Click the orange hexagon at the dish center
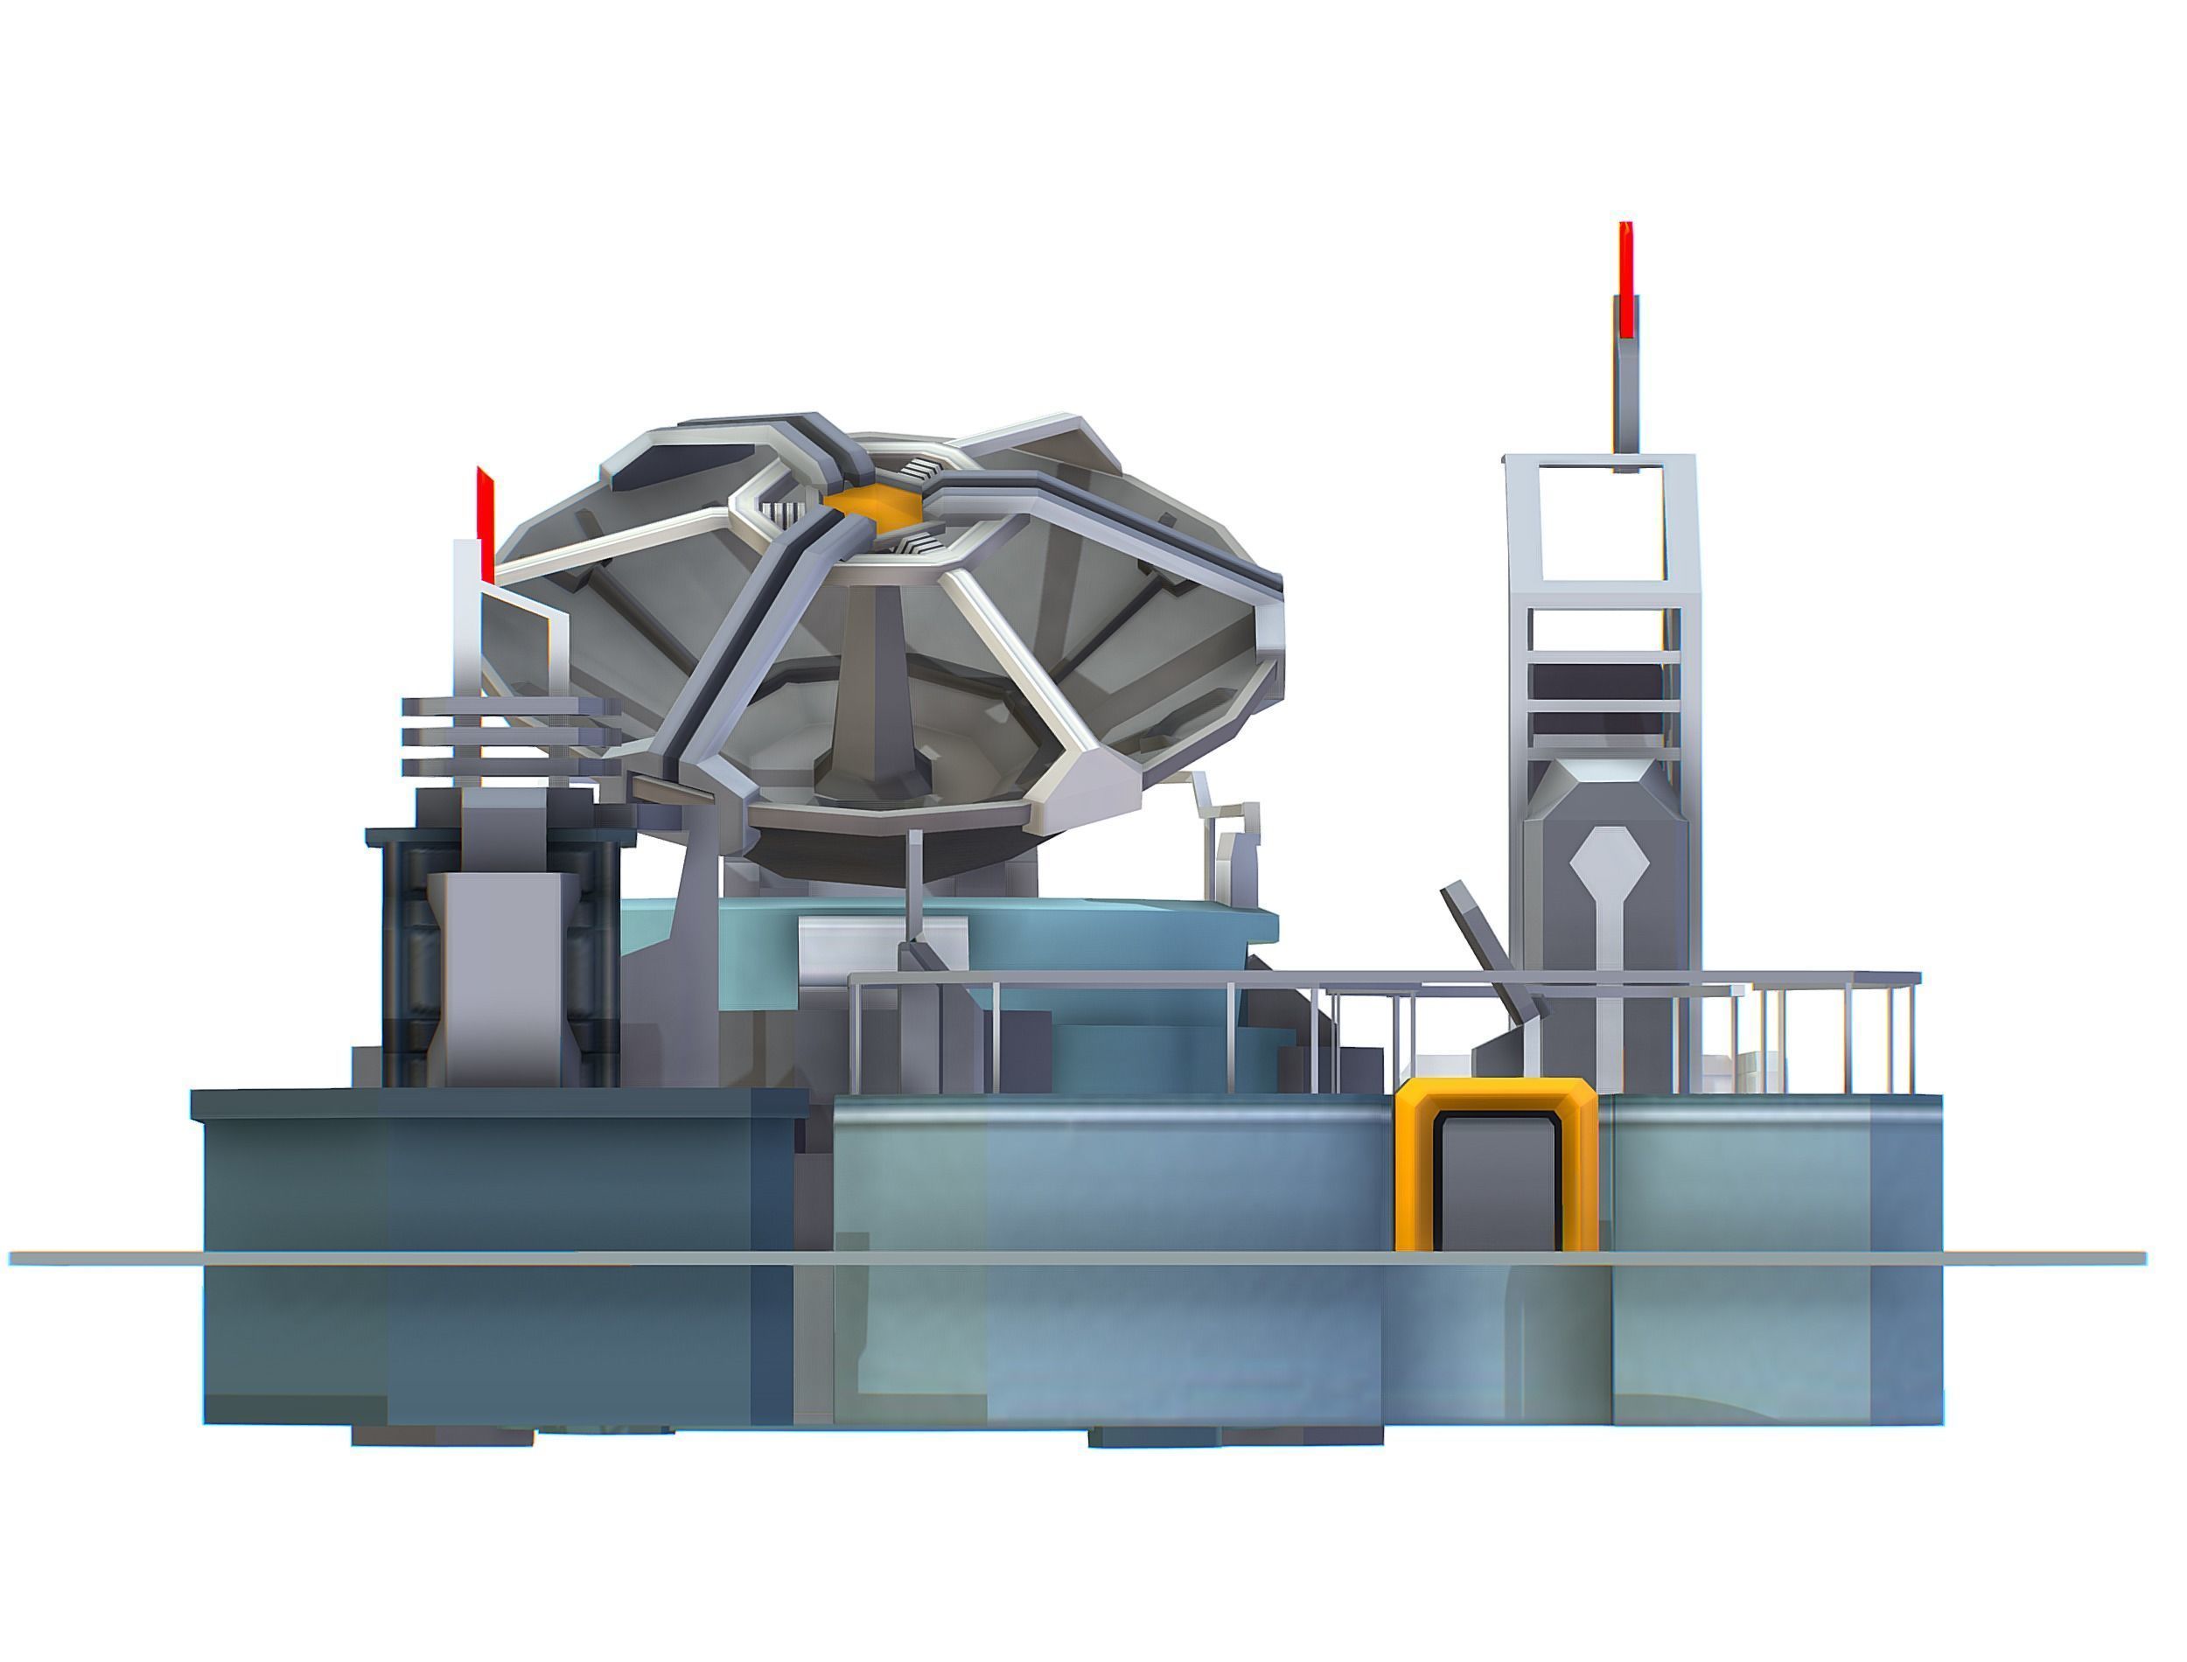point(871,503)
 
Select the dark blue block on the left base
point(494,1256)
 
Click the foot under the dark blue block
point(442,1435)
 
